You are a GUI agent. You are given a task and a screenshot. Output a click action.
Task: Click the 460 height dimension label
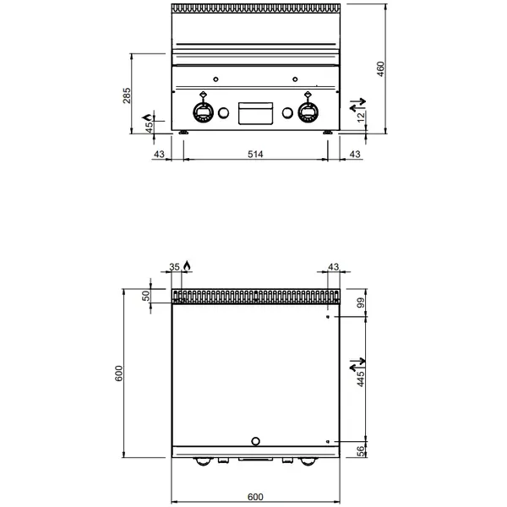point(381,68)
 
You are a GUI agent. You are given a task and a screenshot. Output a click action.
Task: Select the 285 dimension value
point(127,95)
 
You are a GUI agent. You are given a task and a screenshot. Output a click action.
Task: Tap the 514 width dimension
point(255,154)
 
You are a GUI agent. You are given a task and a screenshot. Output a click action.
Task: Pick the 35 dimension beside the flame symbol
point(175,267)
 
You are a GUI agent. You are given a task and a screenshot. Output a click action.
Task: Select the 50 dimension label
point(145,297)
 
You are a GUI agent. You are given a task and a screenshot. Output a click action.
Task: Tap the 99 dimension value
point(360,303)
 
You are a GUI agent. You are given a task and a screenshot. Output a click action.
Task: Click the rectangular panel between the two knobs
point(254,113)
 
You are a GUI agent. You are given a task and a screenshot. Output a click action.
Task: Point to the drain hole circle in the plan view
point(256,440)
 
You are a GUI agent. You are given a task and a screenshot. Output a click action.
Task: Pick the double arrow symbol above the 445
point(355,367)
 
